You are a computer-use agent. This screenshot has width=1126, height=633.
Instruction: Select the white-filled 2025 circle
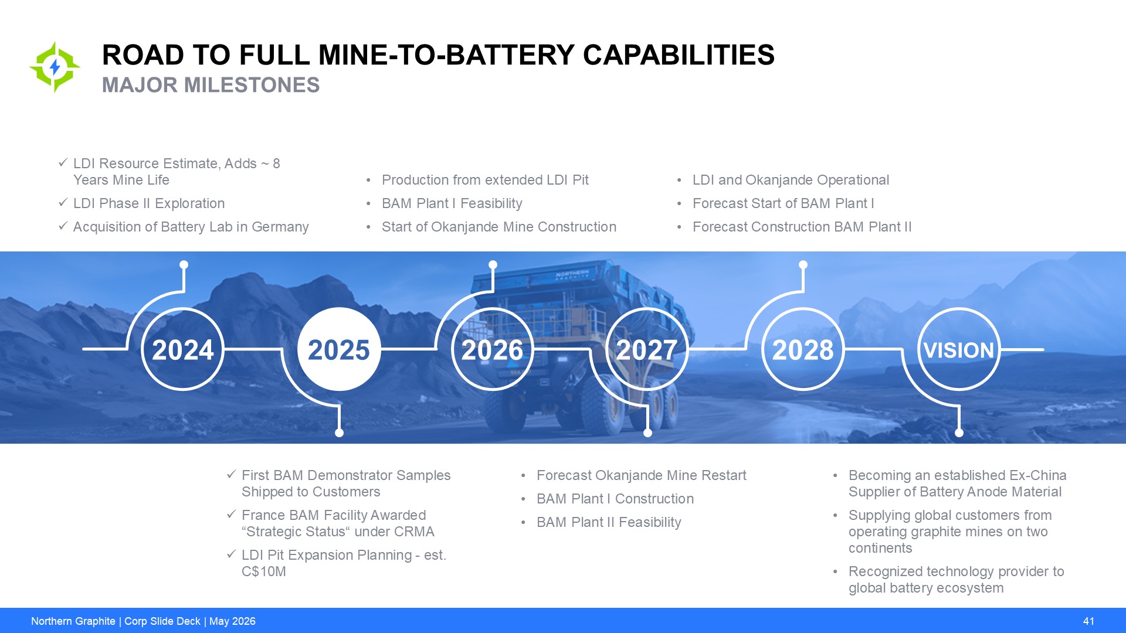tap(339, 349)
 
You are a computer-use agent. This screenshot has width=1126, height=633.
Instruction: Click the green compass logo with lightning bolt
tap(55, 67)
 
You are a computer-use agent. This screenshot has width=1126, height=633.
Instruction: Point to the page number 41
tap(1088, 621)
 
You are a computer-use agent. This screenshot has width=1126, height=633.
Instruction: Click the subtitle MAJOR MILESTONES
tap(211, 85)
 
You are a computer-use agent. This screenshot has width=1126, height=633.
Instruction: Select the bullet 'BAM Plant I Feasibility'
tap(452, 203)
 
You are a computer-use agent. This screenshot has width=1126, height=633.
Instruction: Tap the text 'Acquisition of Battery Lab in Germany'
tap(191, 227)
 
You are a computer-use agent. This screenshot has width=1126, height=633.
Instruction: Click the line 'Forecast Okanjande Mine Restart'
tap(642, 475)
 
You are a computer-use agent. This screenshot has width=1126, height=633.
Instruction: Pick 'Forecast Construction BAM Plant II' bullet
tap(802, 227)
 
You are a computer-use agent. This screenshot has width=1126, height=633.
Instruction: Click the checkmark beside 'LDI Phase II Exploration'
tap(63, 203)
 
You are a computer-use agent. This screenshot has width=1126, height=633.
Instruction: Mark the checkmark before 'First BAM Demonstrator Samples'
tap(232, 474)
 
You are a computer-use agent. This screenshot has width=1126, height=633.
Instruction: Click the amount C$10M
tap(264, 571)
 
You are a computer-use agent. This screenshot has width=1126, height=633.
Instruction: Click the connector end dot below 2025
tap(339, 433)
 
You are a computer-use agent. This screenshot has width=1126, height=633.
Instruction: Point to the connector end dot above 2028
tap(803, 265)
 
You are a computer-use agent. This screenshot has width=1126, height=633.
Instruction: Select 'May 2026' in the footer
tap(232, 621)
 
